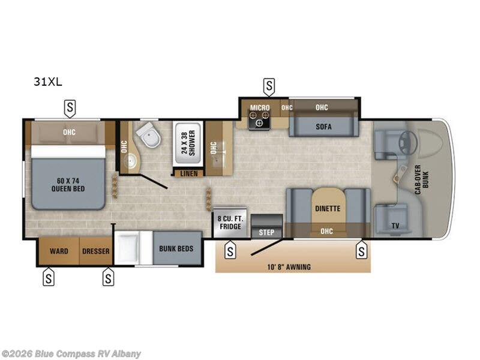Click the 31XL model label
tap(48, 82)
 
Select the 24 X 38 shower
tap(188, 144)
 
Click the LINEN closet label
tap(189, 173)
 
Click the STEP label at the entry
tap(266, 232)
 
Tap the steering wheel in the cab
tap(407, 142)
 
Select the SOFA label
tap(323, 126)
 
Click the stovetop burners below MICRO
tap(260, 119)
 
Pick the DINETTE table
tap(328, 208)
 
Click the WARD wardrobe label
tap(59, 251)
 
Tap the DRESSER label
tap(96, 251)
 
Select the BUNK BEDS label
tap(176, 248)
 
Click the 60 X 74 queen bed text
tap(68, 185)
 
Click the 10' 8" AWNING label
tap(289, 267)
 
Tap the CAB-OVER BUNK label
tap(422, 179)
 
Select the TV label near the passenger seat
tap(395, 226)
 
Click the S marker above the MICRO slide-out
tap(269, 87)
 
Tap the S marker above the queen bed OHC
tap(70, 109)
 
